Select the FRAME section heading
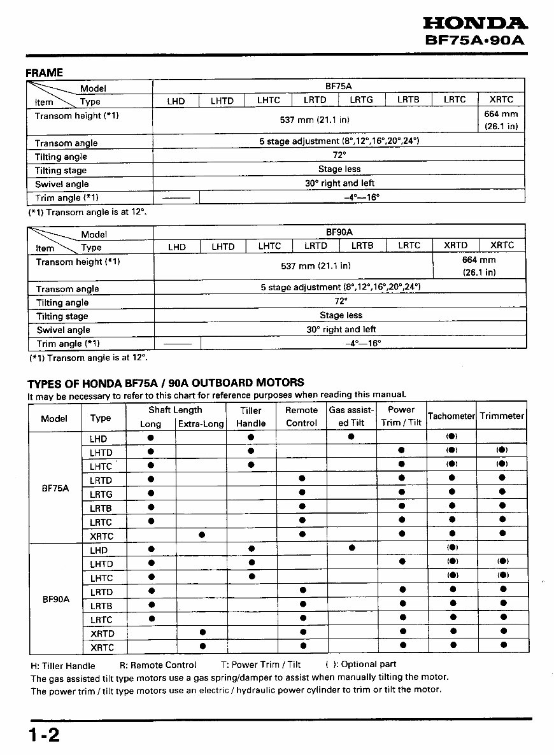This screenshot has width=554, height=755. (44, 73)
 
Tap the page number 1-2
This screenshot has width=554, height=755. (43, 735)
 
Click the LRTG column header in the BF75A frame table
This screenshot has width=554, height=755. (361, 100)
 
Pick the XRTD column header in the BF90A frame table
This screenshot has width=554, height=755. (456, 246)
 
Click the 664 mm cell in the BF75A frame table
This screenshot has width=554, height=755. (501, 120)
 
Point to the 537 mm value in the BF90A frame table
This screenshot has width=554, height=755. (315, 266)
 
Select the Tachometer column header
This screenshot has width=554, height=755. (451, 416)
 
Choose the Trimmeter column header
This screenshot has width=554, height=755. (502, 416)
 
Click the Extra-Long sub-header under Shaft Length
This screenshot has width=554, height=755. (201, 424)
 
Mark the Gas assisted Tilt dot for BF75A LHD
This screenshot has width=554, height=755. (351, 437)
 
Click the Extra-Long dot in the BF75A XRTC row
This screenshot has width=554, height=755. (201, 534)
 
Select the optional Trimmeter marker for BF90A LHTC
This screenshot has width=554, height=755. (502, 575)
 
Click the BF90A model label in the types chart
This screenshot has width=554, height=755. (55, 599)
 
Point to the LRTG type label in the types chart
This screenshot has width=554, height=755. (101, 494)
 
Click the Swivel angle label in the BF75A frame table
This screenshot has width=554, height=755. (62, 184)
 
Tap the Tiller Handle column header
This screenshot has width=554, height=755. (251, 417)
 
